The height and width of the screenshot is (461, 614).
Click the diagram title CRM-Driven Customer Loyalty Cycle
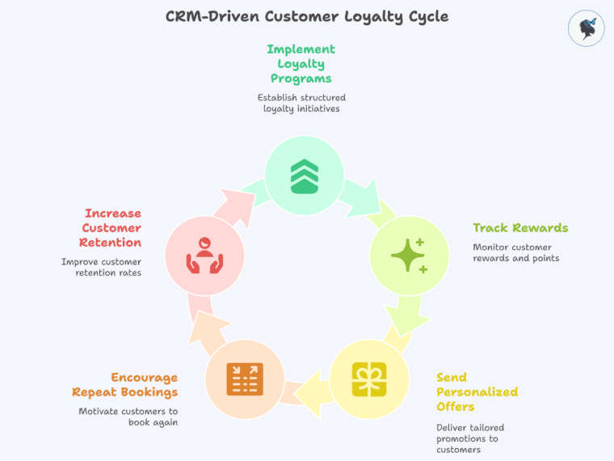306,16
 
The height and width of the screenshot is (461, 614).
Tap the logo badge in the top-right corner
586,28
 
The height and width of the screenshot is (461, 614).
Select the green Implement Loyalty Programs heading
301,64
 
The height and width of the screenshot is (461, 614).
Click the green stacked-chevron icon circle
305,176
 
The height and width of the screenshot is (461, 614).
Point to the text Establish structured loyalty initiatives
301,103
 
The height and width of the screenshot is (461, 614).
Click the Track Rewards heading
520,228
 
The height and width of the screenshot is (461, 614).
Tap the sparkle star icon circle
409,256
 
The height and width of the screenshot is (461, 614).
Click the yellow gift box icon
369,379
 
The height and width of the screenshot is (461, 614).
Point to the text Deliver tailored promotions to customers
470,438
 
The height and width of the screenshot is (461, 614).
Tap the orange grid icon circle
245,379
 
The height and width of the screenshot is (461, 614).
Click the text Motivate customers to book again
128,417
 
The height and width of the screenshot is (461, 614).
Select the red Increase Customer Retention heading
112,228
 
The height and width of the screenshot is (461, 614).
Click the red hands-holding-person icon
204,256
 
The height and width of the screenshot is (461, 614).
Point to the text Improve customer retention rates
101,267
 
